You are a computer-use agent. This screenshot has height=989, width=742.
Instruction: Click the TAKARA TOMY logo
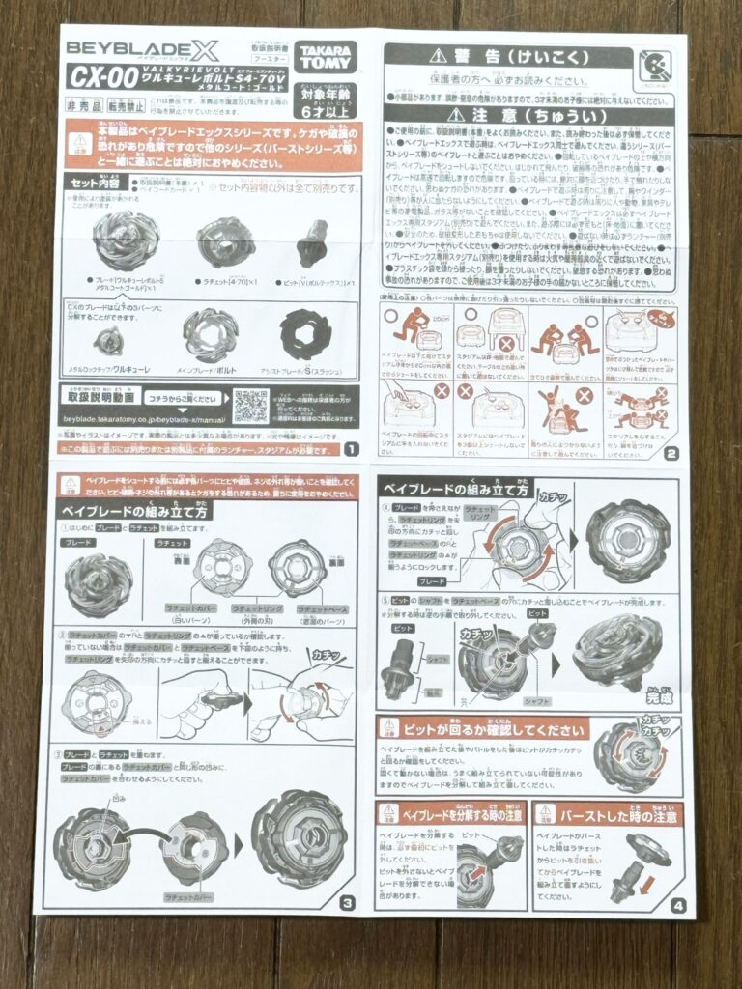point(326,58)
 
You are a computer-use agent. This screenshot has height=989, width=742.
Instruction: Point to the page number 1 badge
point(350,449)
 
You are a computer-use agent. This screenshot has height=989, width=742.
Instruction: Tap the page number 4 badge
point(677,905)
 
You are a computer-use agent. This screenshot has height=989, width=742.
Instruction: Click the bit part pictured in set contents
point(312,241)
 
